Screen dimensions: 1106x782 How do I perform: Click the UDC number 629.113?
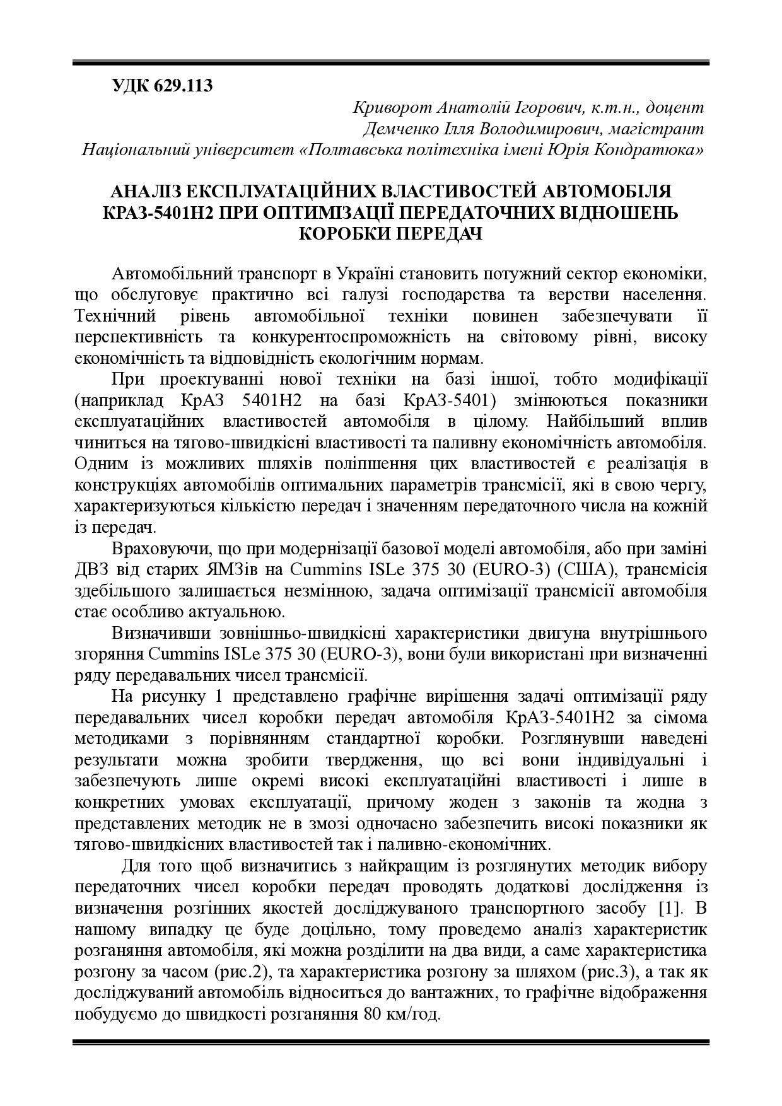(x=183, y=86)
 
